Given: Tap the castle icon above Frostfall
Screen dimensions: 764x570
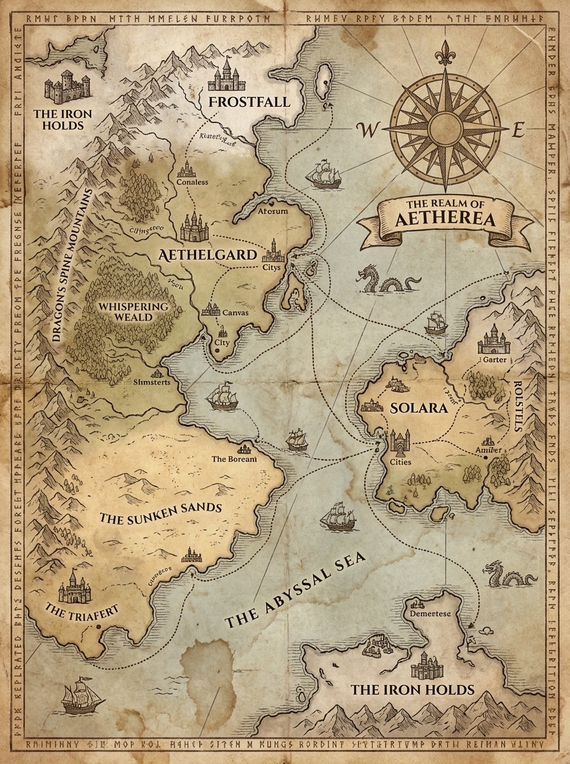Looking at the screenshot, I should point(227,75).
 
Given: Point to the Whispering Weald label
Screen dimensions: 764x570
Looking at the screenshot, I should point(134,311).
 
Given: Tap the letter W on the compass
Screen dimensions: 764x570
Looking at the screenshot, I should point(367,131).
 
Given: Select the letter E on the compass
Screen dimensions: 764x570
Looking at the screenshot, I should point(518,132).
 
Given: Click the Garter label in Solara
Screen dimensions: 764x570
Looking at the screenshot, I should point(495,360).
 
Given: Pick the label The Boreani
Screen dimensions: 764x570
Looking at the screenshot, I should point(234,458).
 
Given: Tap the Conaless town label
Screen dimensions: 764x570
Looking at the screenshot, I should point(192,182).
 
